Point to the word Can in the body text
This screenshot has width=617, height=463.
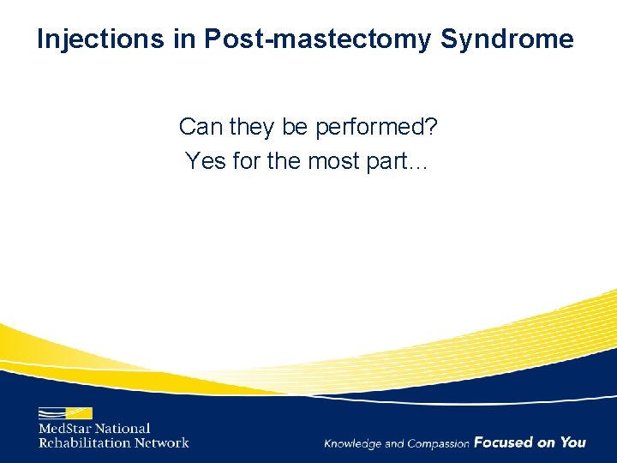(x=199, y=127)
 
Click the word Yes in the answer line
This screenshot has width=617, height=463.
(x=205, y=160)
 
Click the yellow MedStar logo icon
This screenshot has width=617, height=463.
(x=65, y=412)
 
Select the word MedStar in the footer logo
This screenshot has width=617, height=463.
(x=67, y=429)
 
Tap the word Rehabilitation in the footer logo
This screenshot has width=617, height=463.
(x=84, y=442)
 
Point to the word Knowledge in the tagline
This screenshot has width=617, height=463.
(x=352, y=443)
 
